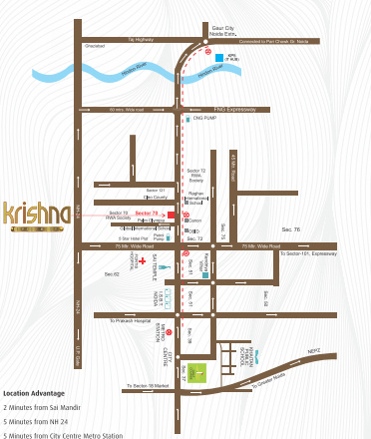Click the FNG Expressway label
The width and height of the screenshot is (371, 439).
click(x=236, y=109)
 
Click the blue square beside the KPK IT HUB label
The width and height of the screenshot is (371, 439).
click(x=218, y=59)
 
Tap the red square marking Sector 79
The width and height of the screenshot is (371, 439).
click(x=172, y=214)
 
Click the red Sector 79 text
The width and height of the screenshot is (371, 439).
click(x=147, y=214)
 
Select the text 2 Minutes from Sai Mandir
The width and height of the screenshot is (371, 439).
click(x=45, y=407)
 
